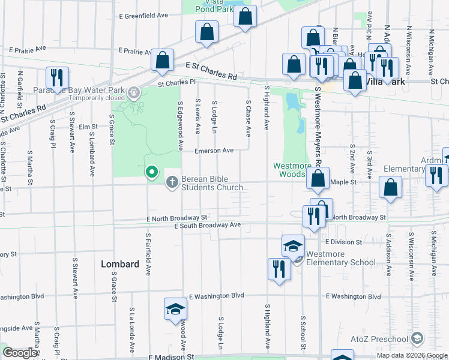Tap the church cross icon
(172, 181)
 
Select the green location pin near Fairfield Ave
(152, 172)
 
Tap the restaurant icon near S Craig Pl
(57, 77)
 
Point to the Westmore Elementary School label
(340, 258)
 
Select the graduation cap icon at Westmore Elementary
(294, 246)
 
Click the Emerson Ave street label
(214, 151)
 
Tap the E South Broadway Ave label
(207, 225)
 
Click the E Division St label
(343, 242)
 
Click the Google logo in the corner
(20, 353)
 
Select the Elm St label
(88, 127)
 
